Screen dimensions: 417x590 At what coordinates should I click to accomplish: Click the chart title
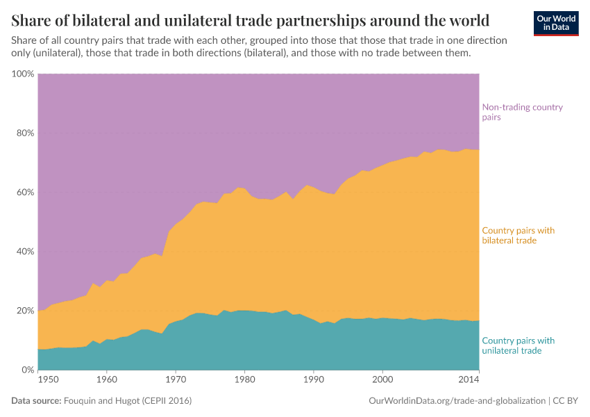click(x=251, y=19)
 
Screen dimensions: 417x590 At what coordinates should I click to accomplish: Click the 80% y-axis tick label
click(x=23, y=133)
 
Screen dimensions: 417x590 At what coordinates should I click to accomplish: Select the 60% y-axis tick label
click(x=23, y=192)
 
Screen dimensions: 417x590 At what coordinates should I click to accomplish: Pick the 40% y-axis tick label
click(x=23, y=251)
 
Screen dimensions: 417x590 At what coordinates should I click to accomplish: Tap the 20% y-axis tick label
click(x=23, y=310)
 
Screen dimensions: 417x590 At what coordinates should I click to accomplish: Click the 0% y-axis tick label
click(x=26, y=370)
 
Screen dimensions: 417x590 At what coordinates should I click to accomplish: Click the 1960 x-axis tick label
click(x=106, y=379)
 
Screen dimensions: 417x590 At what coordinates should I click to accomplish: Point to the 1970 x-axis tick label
click(x=176, y=379)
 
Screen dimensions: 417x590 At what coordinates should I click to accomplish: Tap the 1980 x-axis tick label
click(x=244, y=379)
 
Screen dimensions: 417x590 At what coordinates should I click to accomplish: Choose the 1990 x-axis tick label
click(x=314, y=379)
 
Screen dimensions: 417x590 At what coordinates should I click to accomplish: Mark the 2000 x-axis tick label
click(x=382, y=379)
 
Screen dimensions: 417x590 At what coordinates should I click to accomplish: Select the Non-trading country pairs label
click(x=522, y=112)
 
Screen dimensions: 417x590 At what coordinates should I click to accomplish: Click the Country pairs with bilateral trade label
click(x=518, y=235)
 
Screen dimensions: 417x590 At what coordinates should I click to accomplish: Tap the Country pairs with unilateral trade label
click(x=518, y=345)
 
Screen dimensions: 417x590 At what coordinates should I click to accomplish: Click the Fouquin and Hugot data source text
click(x=127, y=401)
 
